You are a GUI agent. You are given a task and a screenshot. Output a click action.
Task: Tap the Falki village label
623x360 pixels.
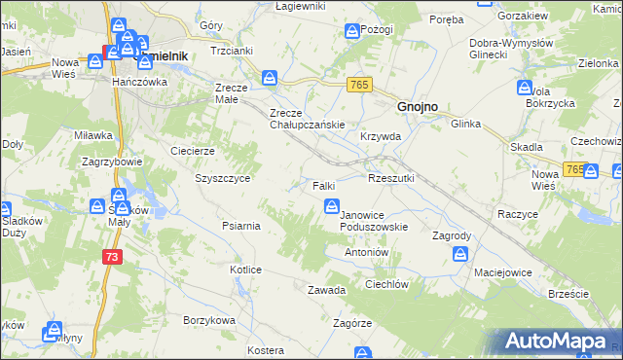(324, 185)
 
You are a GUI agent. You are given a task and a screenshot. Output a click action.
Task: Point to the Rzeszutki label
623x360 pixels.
(391, 178)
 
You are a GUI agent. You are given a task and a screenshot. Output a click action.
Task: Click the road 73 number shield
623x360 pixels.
(113, 256)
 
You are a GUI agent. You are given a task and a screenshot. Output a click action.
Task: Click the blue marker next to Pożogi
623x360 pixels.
(351, 33)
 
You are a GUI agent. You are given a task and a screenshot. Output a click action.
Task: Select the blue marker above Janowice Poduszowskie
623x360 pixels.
(331, 205)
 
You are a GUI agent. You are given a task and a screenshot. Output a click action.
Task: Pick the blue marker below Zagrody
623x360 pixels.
(460, 254)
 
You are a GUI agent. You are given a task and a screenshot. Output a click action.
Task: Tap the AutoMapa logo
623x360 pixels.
(561, 341)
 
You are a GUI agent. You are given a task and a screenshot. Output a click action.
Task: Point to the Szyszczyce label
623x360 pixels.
(223, 179)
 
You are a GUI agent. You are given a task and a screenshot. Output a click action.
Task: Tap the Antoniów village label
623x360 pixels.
(367, 251)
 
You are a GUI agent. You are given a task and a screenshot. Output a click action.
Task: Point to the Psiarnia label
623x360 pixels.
(239, 226)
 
